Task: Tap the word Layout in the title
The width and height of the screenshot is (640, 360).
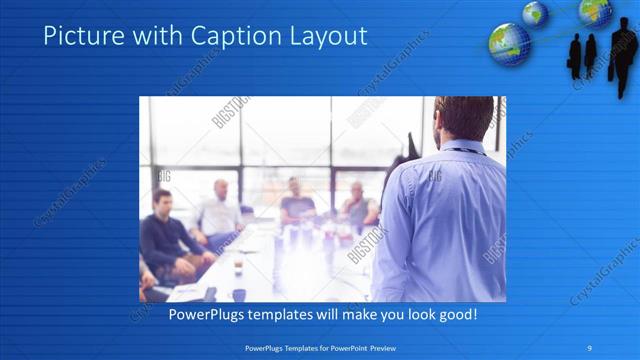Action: coord(327,37)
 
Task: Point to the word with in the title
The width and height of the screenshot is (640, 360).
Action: coord(150,37)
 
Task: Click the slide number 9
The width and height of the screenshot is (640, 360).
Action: coord(590,348)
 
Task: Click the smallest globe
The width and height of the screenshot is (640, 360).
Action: coord(535,12)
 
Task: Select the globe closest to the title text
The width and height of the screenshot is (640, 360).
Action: coord(508,44)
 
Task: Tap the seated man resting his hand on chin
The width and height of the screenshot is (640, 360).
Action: coord(355,205)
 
